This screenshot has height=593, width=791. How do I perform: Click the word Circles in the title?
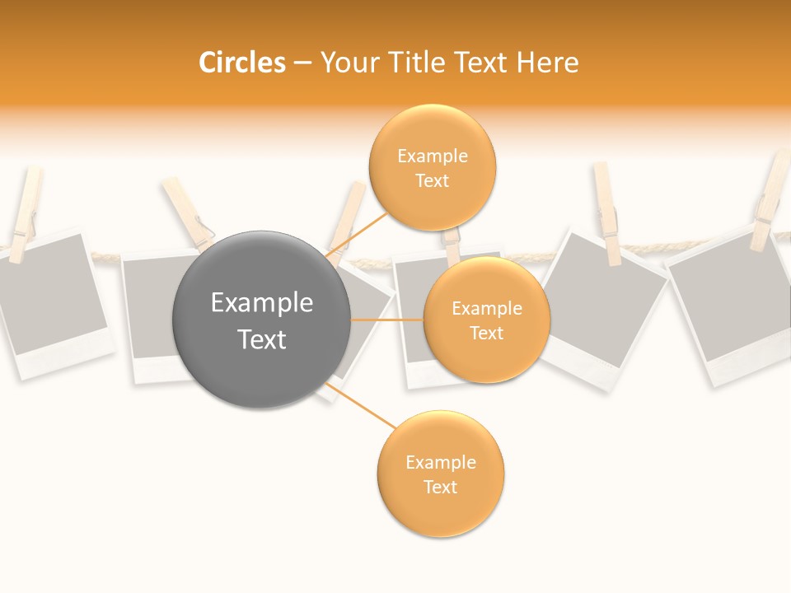(x=241, y=63)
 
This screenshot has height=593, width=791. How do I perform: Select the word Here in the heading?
(x=548, y=63)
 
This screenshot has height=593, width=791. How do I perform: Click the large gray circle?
(x=262, y=320)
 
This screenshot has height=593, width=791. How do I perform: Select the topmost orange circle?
(x=432, y=168)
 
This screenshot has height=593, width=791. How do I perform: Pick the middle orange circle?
(x=486, y=320)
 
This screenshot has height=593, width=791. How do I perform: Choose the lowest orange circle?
(x=440, y=474)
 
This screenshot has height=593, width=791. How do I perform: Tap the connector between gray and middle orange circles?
(x=387, y=320)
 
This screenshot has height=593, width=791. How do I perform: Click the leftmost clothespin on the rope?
(x=25, y=210)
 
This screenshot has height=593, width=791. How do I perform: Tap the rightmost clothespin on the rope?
(x=771, y=202)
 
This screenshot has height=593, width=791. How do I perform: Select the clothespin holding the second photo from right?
(x=607, y=212)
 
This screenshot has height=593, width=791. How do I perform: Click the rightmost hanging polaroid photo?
(x=729, y=309)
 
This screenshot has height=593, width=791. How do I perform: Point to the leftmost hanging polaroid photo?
(x=49, y=301)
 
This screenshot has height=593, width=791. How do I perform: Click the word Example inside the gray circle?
(x=262, y=303)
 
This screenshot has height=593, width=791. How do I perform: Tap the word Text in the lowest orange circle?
(x=440, y=487)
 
